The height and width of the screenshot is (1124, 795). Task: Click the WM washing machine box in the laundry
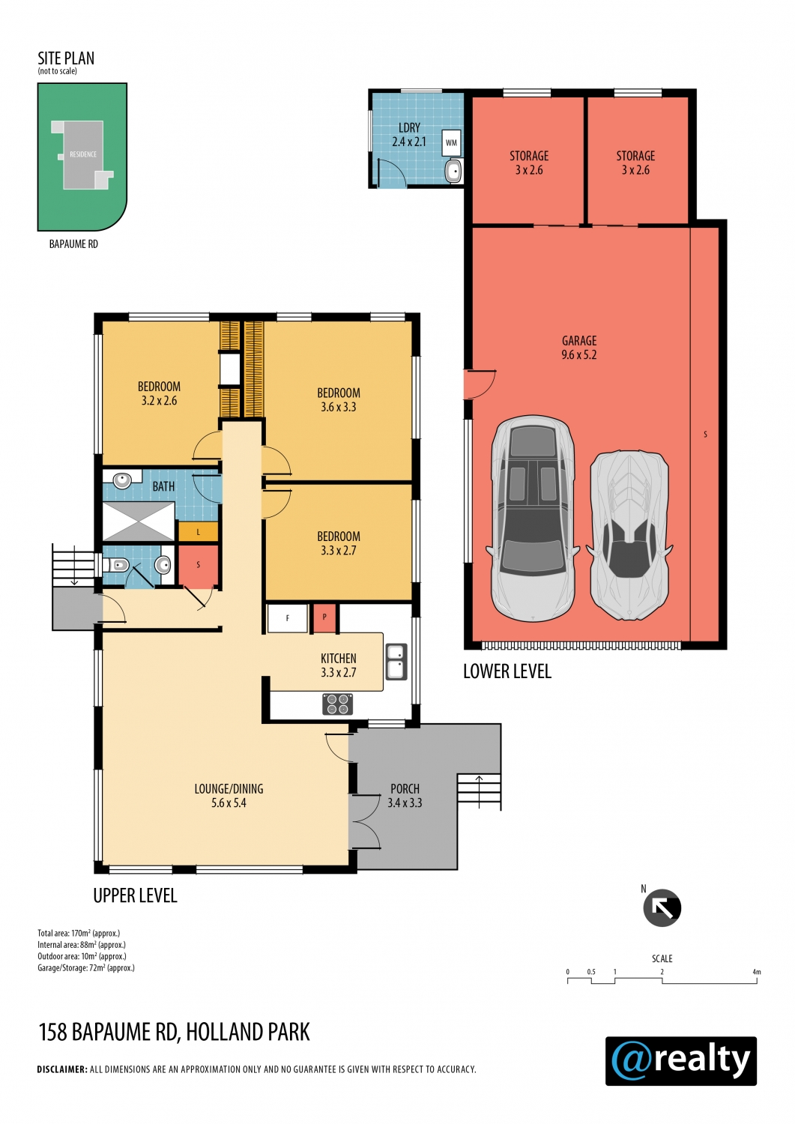pos(451,142)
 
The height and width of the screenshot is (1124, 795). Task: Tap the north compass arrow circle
pos(662,907)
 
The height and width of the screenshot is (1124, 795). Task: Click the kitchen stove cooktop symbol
pos(337,704)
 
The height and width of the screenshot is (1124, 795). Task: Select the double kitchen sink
pos(396,662)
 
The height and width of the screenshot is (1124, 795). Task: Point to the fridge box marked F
pos(287,618)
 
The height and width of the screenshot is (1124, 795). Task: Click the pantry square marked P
pos(324,617)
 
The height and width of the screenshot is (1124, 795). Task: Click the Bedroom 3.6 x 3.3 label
pos(338,399)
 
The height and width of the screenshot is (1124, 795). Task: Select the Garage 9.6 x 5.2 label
pos(579,347)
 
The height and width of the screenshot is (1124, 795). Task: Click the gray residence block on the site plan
pos(82,154)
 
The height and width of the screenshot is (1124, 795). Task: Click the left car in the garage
pos(533,518)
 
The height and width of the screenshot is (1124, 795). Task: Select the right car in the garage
pos(630,536)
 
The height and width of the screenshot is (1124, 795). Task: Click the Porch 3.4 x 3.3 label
pos(405,795)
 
